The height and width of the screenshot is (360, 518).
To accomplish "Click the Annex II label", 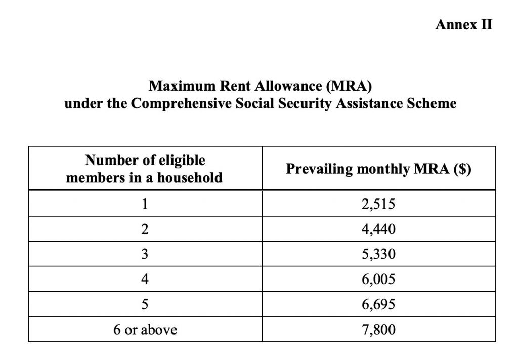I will click(x=463, y=25).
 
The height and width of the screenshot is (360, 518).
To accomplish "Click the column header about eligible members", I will click(x=145, y=169).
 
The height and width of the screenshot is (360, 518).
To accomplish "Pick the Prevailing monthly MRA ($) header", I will click(x=378, y=169).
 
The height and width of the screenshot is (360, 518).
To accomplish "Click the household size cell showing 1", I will click(x=145, y=204).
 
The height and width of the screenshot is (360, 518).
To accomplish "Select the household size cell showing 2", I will click(x=145, y=229).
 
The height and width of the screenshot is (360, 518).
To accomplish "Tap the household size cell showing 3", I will click(x=145, y=255).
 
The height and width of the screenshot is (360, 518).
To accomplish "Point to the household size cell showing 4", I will click(x=145, y=279).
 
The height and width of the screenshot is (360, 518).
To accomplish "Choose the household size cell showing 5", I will click(x=145, y=305).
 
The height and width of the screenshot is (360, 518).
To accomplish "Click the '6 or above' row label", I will click(x=145, y=330).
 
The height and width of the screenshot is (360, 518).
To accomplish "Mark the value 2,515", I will click(x=378, y=204).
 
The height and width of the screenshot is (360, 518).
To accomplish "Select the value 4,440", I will click(x=378, y=229).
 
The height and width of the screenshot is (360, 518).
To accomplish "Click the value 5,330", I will click(x=378, y=255).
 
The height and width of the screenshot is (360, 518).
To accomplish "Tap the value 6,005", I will click(x=378, y=279).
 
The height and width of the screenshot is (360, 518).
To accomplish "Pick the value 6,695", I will click(x=378, y=305).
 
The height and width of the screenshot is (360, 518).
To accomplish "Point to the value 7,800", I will click(x=378, y=330).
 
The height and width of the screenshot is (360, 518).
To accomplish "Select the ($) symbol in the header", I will click(x=462, y=169).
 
